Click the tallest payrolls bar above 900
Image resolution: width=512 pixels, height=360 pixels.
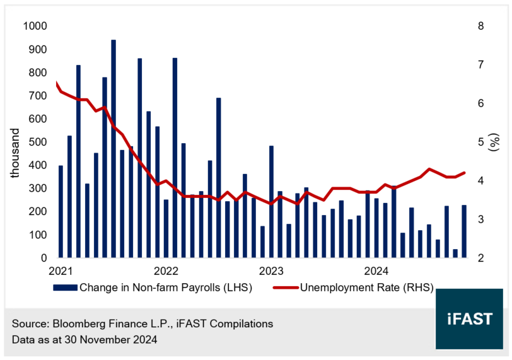(113, 149)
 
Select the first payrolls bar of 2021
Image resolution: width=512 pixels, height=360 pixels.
(61, 212)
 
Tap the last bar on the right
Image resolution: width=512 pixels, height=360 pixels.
(463, 231)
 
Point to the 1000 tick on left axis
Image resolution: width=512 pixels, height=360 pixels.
(35, 26)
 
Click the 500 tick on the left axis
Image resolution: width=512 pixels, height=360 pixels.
(37, 142)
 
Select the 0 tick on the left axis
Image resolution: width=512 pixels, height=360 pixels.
(44, 258)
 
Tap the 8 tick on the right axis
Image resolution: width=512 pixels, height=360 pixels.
(480, 26)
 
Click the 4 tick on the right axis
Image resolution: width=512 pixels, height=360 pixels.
(480, 181)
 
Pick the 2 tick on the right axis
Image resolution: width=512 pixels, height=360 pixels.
(480, 258)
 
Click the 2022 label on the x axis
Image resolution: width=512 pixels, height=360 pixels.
(166, 272)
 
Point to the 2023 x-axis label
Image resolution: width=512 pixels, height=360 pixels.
(272, 272)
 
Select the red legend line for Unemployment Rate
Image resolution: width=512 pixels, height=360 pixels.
(285, 287)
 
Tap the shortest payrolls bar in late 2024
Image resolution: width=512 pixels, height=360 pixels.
(455, 253)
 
